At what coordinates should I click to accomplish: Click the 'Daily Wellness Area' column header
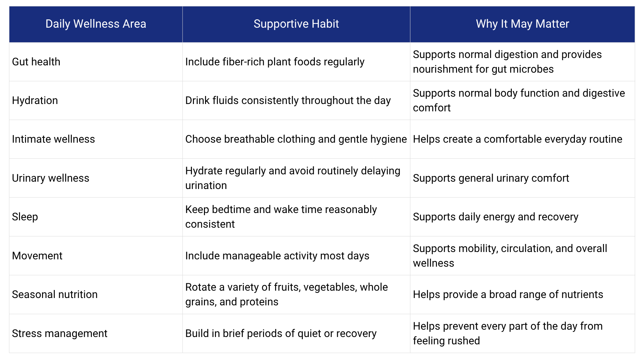[x=96, y=24]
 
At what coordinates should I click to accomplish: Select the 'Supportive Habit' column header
[x=296, y=24]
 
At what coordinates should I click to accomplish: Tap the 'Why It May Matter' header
[x=522, y=24]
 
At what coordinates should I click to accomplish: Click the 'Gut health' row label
[x=36, y=62]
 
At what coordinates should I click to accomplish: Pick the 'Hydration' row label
[x=35, y=100]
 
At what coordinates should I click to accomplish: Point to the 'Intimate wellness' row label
[x=53, y=139]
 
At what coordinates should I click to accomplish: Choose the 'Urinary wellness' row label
[x=51, y=178]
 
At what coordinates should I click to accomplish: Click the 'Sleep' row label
[x=25, y=217]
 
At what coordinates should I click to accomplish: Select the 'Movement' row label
[x=37, y=256]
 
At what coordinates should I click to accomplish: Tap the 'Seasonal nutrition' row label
[x=55, y=294]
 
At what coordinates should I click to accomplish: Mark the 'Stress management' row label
[x=60, y=333]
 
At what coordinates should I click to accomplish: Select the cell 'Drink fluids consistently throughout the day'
[x=288, y=100]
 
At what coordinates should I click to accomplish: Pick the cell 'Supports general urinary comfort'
[x=491, y=178]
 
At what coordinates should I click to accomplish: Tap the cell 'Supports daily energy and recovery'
[x=496, y=217]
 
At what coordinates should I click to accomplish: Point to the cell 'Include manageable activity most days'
[x=277, y=256]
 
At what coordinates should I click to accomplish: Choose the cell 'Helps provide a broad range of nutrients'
[x=508, y=294]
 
